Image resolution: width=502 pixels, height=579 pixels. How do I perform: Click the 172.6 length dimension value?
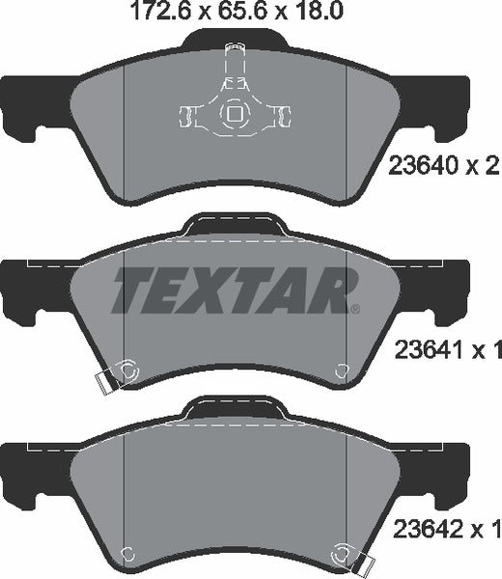tap(160, 11)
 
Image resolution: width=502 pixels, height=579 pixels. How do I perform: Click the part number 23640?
tap(423, 165)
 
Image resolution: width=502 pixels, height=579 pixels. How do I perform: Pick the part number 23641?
tap(429, 349)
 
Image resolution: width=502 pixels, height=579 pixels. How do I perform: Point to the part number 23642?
tap(428, 529)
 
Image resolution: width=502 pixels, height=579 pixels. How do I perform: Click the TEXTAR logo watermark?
tap(236, 290)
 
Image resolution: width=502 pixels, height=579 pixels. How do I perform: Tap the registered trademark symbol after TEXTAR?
tap(355, 309)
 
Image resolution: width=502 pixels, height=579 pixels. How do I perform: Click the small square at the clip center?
tap(234, 114)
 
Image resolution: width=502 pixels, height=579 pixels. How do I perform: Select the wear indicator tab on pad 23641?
tap(105, 383)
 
